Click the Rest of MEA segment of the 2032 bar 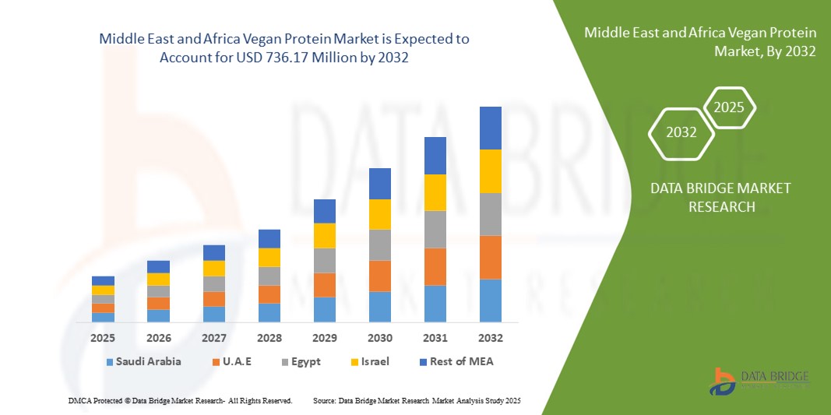click(x=490, y=128)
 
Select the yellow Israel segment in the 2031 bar click(x=435, y=192)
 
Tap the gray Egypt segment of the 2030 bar click(x=379, y=244)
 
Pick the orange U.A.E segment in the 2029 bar click(x=324, y=285)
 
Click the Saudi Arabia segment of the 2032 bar click(x=490, y=301)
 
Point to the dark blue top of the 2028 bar click(x=269, y=238)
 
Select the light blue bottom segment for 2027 click(x=213, y=314)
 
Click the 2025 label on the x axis click(x=103, y=339)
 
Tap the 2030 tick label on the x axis click(x=379, y=339)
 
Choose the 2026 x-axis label click(x=158, y=339)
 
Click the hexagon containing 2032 click(x=681, y=132)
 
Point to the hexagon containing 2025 click(x=729, y=107)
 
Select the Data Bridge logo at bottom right click(x=759, y=381)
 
